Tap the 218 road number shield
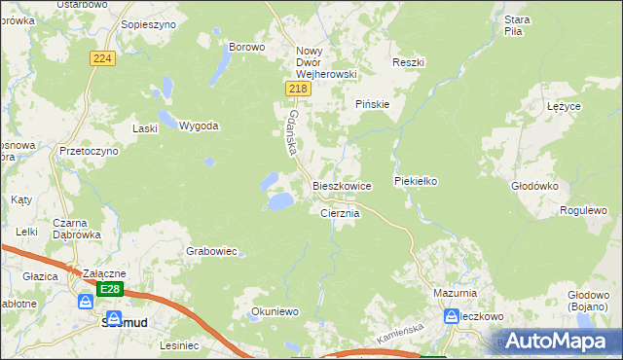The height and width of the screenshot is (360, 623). tap(299, 89)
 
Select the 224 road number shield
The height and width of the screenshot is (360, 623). tap(102, 59)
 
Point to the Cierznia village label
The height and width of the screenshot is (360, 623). tap(341, 213)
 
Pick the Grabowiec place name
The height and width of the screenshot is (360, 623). tap(211, 251)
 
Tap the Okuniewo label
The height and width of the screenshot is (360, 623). tap(274, 312)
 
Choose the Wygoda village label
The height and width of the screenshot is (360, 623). tap(199, 126)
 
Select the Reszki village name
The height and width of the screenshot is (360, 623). tap(408, 62)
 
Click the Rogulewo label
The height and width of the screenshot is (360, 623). tap(583, 210)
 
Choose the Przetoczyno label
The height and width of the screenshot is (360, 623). tap(89, 152)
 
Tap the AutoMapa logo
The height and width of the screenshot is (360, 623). tap(559, 341)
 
